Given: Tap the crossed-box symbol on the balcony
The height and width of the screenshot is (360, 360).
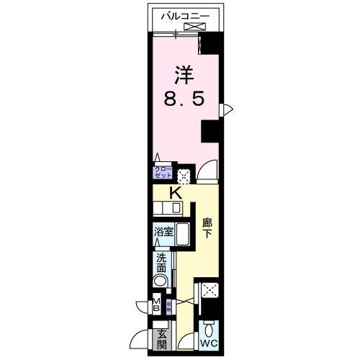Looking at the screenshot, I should pyautogui.click(x=194, y=27).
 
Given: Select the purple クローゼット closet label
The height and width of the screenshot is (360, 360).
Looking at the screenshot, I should pyautogui.click(x=163, y=173).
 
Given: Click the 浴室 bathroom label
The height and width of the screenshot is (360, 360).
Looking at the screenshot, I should pyautogui.click(x=163, y=232).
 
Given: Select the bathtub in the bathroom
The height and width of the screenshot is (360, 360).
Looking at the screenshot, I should pyautogui.click(x=183, y=236).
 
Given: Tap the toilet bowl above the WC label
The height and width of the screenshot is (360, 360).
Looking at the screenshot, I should pyautogui.click(x=210, y=330).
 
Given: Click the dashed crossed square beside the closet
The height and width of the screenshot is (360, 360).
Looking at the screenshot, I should pyautogui.click(x=184, y=174).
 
